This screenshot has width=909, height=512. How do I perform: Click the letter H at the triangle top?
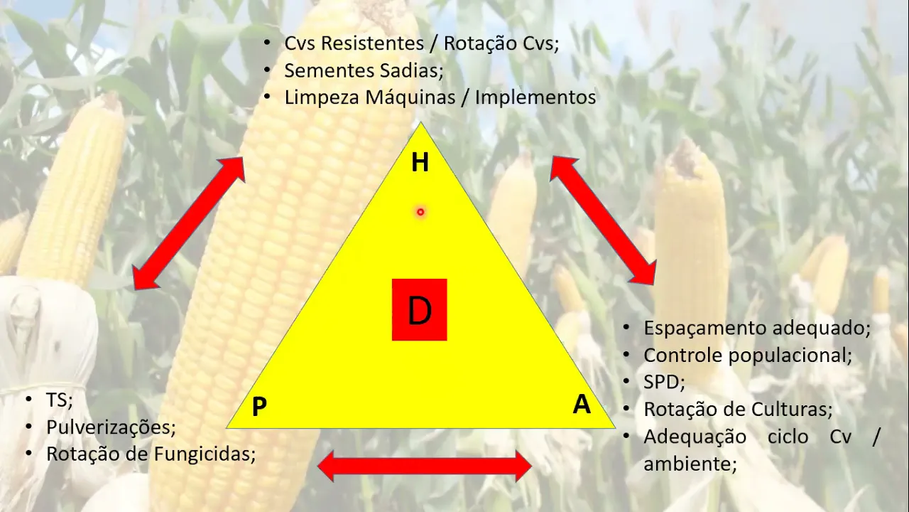420,163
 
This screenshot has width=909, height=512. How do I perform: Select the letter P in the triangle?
259,407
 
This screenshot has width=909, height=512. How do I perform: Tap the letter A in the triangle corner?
582,405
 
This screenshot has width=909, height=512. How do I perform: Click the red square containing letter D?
420,309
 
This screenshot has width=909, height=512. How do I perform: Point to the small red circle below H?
420,212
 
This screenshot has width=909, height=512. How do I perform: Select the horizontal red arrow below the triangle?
424,466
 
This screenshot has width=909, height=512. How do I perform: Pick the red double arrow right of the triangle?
603,220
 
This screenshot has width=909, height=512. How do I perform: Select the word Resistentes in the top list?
372,43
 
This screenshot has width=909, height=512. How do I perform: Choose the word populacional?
791,355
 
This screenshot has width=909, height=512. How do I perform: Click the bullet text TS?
60,400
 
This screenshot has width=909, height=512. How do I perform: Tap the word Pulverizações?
111,427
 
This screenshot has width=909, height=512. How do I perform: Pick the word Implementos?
535,97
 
